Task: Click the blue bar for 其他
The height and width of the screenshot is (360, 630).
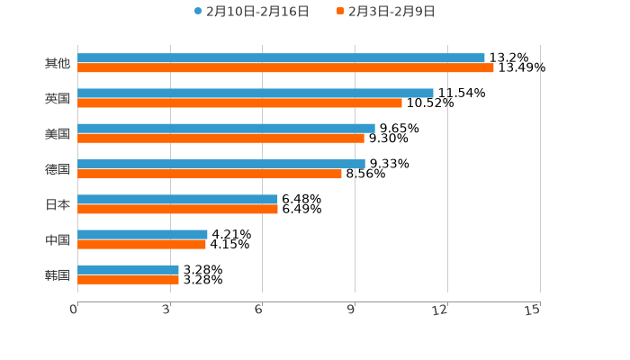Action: click(281, 58)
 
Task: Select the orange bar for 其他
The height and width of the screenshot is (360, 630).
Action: click(285, 67)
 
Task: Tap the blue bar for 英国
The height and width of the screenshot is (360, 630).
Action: click(256, 93)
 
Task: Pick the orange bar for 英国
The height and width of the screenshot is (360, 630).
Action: click(239, 103)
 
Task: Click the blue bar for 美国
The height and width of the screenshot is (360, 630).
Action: click(226, 129)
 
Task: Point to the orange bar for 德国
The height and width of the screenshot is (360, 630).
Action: click(210, 174)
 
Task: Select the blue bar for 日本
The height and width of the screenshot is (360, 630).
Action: click(177, 199)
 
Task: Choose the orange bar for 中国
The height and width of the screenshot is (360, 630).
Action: click(141, 244)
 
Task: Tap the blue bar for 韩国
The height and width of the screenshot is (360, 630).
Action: click(128, 269)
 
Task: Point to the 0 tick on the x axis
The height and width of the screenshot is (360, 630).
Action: click(74, 310)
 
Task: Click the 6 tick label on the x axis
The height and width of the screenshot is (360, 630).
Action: click(258, 310)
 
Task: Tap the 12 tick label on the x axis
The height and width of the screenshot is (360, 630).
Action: click(440, 310)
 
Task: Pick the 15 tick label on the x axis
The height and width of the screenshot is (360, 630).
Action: click(533, 310)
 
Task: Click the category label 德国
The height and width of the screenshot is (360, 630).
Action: click(57, 169)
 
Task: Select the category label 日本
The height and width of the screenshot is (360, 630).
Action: click(57, 204)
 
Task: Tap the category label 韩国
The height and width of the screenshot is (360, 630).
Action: click(57, 274)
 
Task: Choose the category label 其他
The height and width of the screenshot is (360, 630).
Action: click(57, 63)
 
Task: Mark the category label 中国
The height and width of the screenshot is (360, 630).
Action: click(57, 239)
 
